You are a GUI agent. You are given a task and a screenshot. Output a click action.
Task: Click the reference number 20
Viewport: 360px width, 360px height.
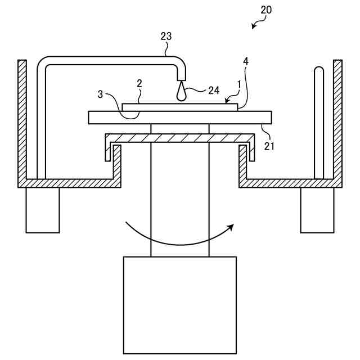[x=265, y=10]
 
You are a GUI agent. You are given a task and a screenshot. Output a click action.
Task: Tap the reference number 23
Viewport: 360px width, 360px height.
[x=166, y=37]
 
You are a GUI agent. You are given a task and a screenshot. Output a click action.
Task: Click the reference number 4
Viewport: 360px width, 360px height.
[x=246, y=61]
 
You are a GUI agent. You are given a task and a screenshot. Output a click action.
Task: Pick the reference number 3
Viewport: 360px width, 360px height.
[x=101, y=94]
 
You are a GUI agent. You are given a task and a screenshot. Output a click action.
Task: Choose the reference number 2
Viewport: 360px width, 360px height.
[x=139, y=83]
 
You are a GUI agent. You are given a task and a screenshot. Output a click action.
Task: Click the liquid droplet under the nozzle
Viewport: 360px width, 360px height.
[x=181, y=93]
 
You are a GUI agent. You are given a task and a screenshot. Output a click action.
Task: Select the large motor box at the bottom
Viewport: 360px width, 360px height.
[x=179, y=304]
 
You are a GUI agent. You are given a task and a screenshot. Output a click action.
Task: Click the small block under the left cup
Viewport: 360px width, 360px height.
[x=42, y=210]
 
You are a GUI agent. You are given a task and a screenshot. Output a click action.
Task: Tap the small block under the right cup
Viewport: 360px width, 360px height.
[x=317, y=210]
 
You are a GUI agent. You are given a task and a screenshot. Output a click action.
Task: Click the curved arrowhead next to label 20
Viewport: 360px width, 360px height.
[x=254, y=25]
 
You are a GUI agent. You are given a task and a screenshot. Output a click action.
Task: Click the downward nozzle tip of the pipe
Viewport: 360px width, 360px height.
[x=181, y=75]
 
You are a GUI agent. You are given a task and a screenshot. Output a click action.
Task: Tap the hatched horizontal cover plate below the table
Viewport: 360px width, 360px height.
[x=180, y=138]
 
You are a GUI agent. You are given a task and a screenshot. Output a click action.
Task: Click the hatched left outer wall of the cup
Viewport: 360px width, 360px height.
[x=22, y=118]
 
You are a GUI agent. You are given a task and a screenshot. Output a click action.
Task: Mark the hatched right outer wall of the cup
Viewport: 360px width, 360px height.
[x=337, y=118]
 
